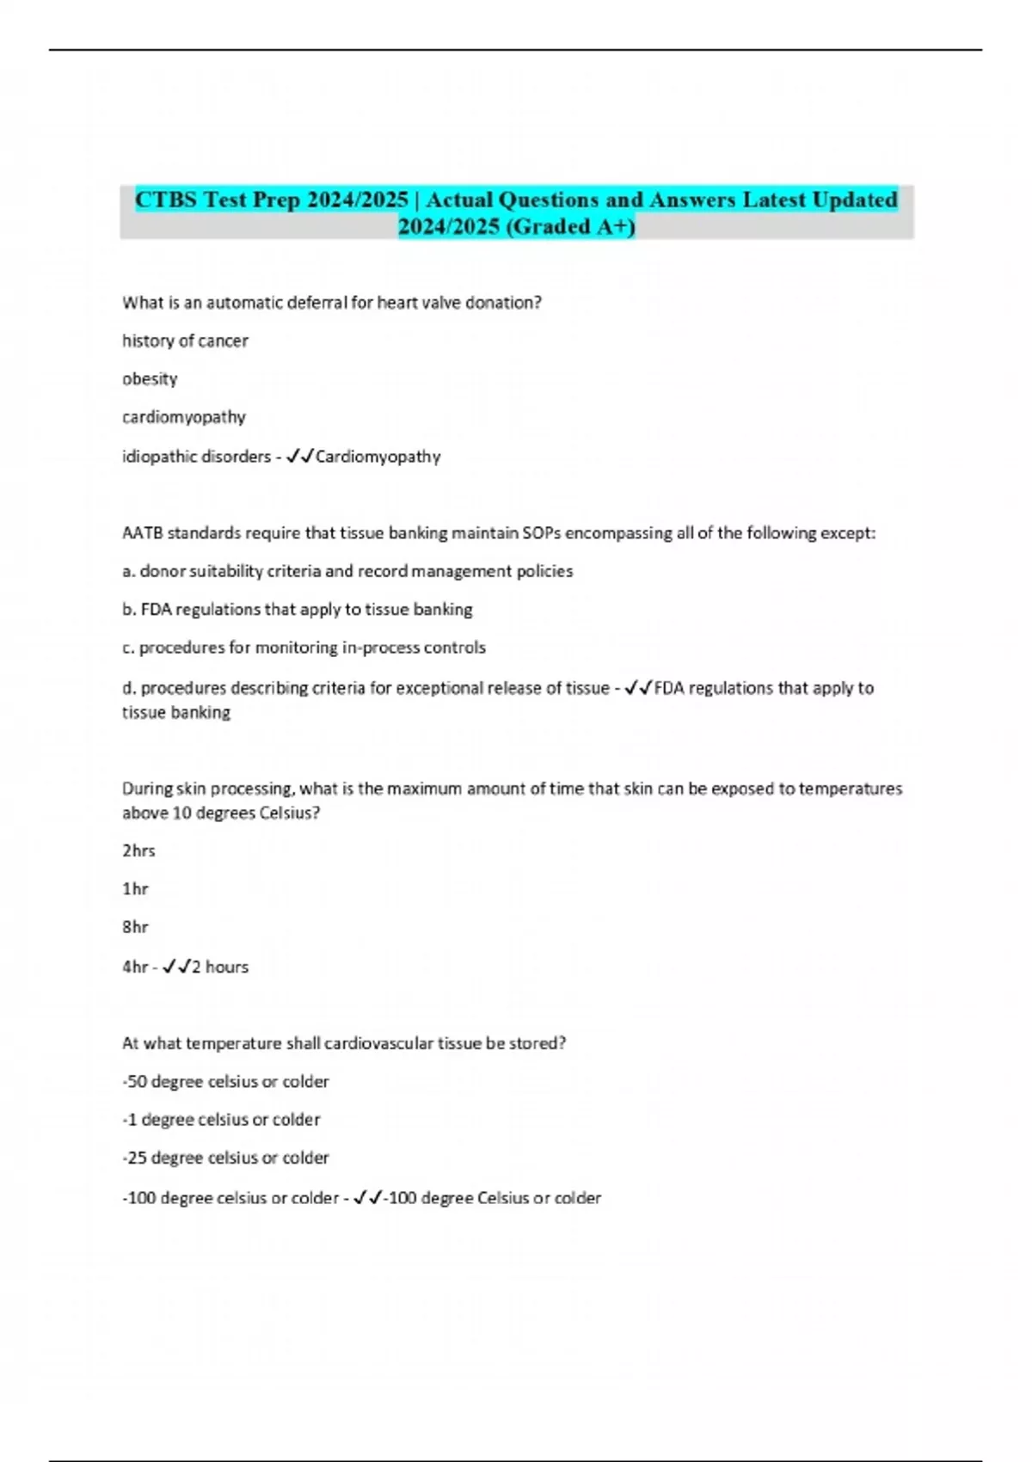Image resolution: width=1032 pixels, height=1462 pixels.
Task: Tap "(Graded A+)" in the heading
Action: tap(570, 226)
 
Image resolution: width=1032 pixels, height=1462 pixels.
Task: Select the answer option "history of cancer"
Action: tap(185, 341)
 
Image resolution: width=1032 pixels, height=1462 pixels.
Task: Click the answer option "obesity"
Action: tap(150, 378)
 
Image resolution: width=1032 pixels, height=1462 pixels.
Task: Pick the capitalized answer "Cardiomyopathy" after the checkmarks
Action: tap(378, 457)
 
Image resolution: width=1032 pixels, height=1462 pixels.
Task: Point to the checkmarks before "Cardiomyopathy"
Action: tap(300, 457)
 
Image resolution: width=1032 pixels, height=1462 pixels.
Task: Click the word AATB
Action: tap(142, 533)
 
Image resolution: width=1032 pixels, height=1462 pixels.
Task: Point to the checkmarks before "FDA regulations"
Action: tap(638, 688)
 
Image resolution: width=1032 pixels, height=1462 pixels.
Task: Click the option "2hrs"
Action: tap(138, 851)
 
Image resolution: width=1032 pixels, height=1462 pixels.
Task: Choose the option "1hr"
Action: tap(135, 888)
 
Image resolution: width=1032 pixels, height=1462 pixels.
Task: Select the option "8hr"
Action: tap(135, 927)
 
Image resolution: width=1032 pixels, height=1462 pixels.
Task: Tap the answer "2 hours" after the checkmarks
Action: tap(220, 967)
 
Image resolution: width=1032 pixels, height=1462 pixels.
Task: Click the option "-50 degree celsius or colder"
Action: tap(225, 1081)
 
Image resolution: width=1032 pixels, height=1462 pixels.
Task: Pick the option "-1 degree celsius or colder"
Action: tap(221, 1120)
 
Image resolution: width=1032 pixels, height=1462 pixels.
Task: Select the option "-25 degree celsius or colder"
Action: tap(225, 1158)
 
